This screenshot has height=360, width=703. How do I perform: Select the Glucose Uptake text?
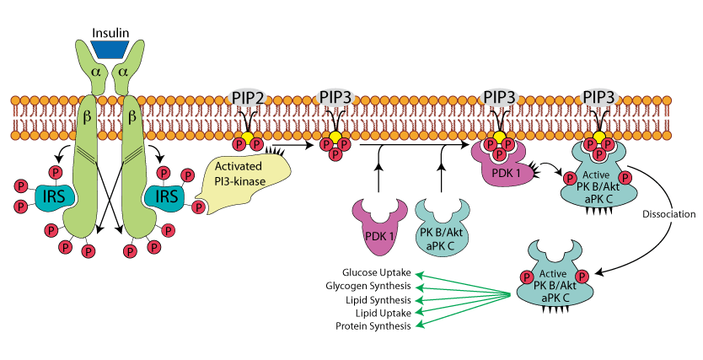click(x=377, y=272)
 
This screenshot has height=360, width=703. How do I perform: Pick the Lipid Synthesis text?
click(x=378, y=299)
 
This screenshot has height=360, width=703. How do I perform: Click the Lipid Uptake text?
click(x=384, y=313)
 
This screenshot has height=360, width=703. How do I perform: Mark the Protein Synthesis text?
click(x=373, y=326)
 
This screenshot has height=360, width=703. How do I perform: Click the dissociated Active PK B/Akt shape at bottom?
click(x=552, y=280)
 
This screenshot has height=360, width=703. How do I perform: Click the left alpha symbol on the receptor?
click(x=95, y=73)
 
